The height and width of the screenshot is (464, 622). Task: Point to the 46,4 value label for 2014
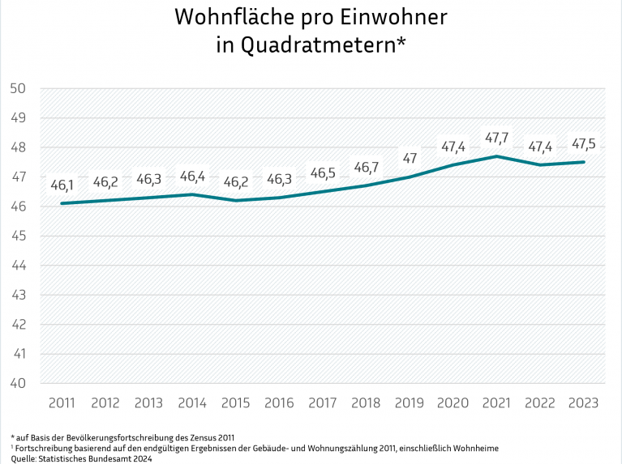click(x=193, y=176)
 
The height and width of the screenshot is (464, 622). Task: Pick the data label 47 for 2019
click(x=410, y=158)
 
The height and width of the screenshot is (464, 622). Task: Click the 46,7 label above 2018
click(x=367, y=168)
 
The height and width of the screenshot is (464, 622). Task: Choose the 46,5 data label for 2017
click(x=323, y=173)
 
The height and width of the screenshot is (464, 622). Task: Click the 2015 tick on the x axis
click(x=236, y=402)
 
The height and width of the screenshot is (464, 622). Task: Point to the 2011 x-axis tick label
click(x=62, y=402)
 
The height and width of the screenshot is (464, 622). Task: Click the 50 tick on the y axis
click(x=18, y=88)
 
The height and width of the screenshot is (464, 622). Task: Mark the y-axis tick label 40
click(x=18, y=383)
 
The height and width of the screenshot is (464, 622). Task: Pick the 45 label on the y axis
click(x=18, y=236)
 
